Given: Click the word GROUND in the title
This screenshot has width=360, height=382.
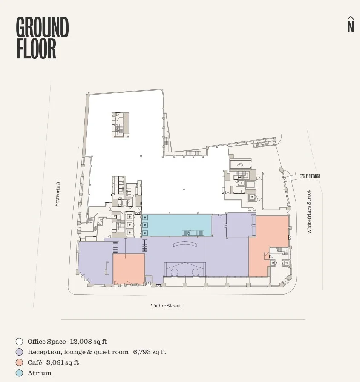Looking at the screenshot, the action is (42, 27).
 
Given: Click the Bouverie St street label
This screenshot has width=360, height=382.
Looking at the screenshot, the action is (57, 193).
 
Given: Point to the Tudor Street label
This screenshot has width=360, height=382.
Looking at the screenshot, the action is (166, 306).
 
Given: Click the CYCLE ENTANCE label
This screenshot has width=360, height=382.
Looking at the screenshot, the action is (310, 176).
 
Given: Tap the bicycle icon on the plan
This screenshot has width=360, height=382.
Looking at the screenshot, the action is (240, 164).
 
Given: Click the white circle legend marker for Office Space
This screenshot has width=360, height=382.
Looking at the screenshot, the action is (19, 342).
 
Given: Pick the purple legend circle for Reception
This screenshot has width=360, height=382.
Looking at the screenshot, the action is (19, 352).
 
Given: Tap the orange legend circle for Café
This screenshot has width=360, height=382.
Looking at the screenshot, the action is (19, 363).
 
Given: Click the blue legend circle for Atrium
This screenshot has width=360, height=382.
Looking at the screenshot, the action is (19, 373).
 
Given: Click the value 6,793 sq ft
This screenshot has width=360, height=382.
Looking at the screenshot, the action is (150, 352).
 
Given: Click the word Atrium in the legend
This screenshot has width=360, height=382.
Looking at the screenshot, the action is (40, 373).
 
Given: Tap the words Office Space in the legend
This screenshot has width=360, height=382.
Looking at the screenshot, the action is (47, 342).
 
